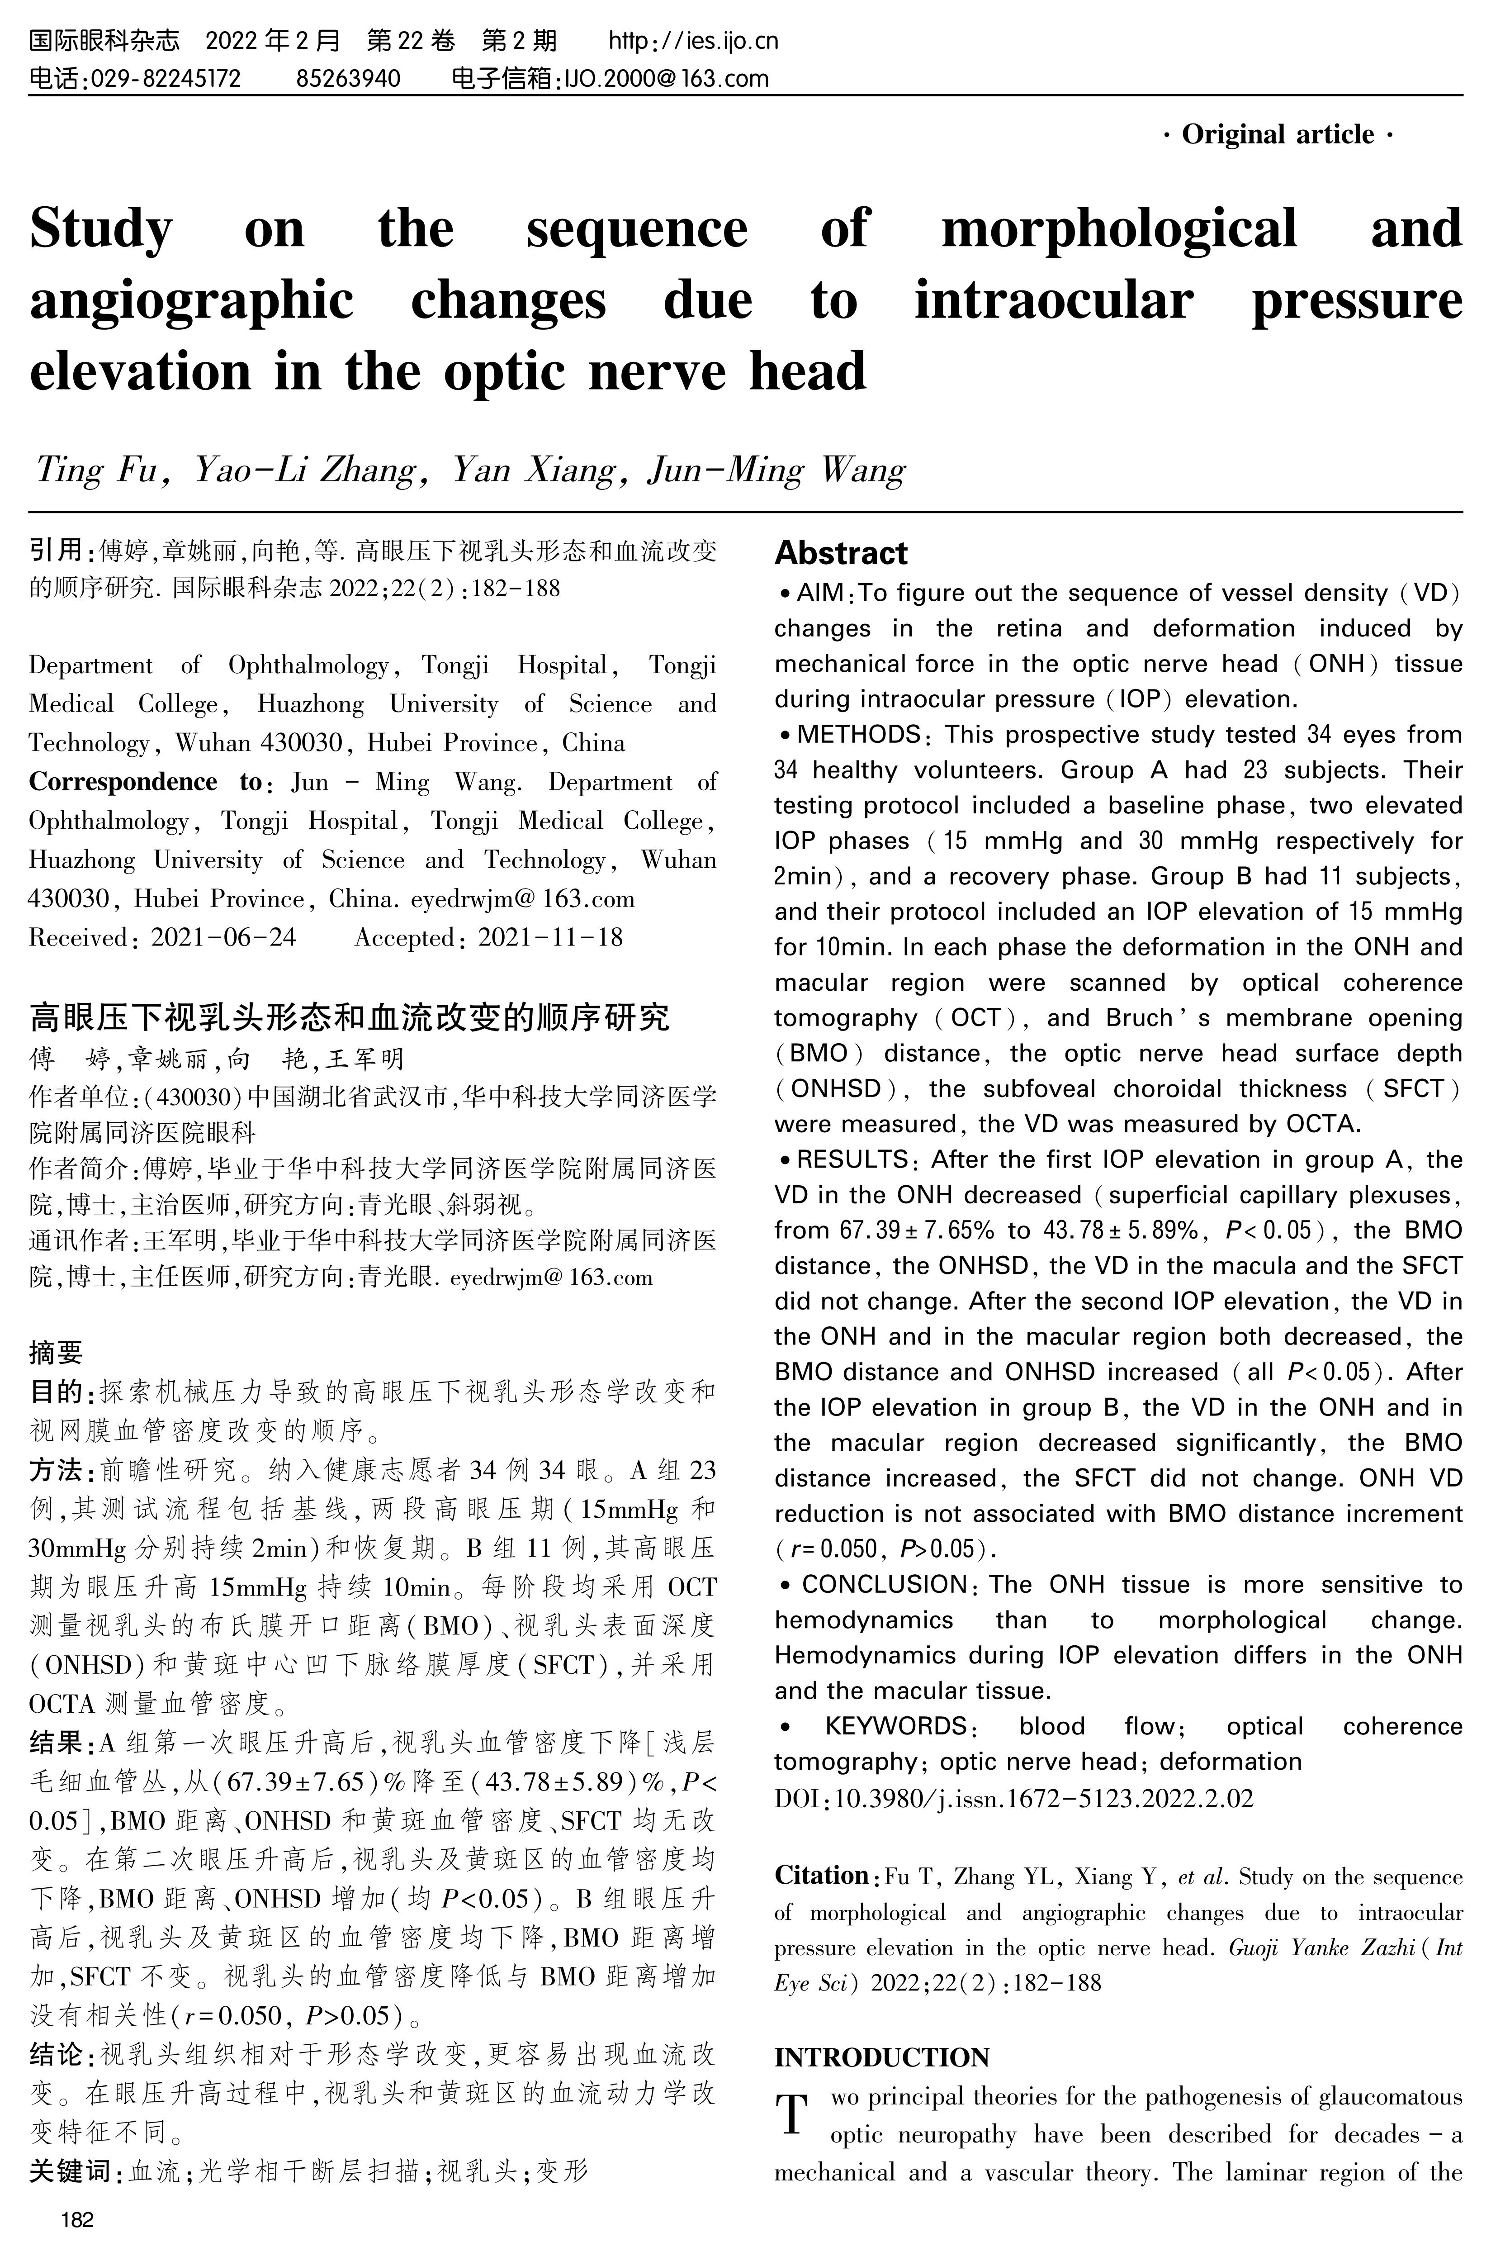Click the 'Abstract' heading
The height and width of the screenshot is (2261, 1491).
coord(841,553)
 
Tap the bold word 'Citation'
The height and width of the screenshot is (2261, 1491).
coord(822,1875)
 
